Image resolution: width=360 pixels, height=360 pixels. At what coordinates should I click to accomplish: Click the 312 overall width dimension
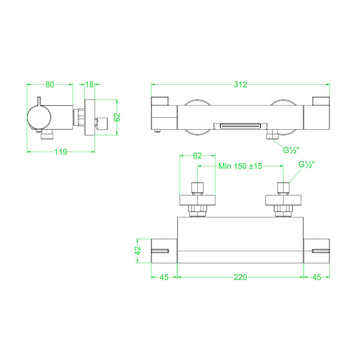pos(240,84)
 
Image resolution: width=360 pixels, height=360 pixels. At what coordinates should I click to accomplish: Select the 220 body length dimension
pos(240,277)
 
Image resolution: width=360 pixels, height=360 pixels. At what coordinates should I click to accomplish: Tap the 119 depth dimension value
pos(61,152)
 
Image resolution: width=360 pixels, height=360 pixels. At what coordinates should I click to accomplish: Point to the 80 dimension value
pos(50,84)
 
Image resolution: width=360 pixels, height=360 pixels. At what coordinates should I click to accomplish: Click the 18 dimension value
pos(89,84)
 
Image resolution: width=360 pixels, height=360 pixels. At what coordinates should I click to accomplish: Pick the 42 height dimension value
pos(138,251)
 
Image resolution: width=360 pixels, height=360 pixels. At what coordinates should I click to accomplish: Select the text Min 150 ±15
pos(240,166)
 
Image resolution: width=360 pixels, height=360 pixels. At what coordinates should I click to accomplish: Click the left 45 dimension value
pos(164,277)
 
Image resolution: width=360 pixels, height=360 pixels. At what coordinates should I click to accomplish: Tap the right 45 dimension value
pos(316,277)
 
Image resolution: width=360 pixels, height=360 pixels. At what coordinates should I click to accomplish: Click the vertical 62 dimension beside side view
pos(117,117)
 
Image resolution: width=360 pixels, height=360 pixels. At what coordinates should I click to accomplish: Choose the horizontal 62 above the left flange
pos(198,156)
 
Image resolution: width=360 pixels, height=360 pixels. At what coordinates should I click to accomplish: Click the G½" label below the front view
pos(292,150)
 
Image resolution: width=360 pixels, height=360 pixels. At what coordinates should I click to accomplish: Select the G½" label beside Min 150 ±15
pos(307,164)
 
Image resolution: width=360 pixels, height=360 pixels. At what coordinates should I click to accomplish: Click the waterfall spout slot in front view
pos(240,126)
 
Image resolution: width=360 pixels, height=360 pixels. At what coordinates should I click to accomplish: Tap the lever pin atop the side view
pos(39,100)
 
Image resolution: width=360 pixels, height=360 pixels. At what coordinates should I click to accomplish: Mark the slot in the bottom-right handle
pos(320,251)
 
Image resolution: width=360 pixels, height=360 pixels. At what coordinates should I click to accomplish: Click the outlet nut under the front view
pos(273,136)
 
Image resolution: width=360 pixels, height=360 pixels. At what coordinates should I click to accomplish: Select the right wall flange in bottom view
pos(283,200)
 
